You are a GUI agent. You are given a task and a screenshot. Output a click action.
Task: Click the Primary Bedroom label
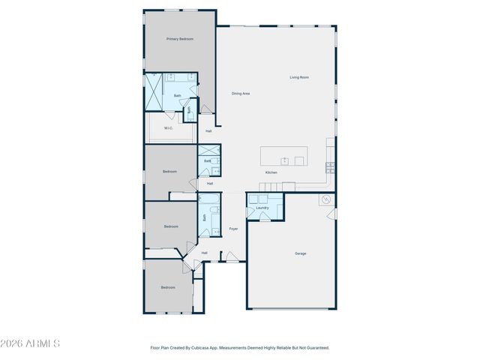[180, 38]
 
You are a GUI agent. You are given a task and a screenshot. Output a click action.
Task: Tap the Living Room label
[300, 77]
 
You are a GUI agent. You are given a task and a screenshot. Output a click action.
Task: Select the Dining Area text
[241, 93]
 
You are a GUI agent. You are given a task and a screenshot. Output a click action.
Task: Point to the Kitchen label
[271, 172]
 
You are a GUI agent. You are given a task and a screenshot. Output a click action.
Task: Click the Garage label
[300, 253]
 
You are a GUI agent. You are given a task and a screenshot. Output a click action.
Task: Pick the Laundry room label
[262, 208]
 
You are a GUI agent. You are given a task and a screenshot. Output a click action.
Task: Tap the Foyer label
[233, 228]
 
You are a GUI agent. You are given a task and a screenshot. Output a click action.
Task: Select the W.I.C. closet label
[169, 128]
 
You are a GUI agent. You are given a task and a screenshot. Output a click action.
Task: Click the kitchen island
[284, 156]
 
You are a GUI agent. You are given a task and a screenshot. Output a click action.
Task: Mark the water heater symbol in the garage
[326, 200]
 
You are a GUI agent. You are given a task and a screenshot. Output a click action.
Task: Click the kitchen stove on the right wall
[330, 166]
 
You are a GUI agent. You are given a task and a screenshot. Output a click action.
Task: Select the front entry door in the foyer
[232, 257]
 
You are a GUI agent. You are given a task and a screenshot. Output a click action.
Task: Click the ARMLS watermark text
[30, 343]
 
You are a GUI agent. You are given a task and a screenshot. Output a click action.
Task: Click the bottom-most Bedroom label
[168, 287]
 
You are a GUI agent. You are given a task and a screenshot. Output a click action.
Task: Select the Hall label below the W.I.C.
[208, 131]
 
